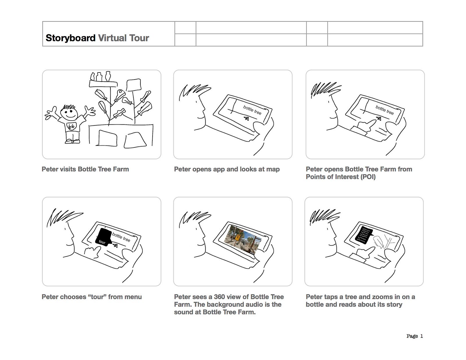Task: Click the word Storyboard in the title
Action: [70, 38]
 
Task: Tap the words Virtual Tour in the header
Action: [123, 38]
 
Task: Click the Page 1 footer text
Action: [414, 336]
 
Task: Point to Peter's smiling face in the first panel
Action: [69, 113]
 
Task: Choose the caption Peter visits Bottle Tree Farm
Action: [85, 169]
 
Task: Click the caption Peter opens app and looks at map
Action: [227, 169]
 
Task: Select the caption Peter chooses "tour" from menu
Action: [91, 297]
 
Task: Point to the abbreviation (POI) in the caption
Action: [368, 177]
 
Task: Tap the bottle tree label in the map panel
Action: [252, 110]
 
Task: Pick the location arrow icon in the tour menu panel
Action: [115, 246]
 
